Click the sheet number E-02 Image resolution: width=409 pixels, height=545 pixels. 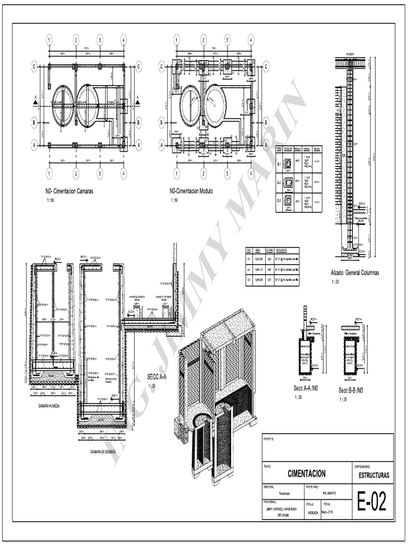[x=372, y=501]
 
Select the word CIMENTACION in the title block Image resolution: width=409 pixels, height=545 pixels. [x=306, y=473]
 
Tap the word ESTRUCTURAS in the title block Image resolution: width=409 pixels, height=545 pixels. [x=373, y=474]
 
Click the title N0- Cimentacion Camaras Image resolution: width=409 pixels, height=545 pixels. [x=69, y=191]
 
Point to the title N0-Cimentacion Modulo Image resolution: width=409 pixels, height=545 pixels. [x=191, y=191]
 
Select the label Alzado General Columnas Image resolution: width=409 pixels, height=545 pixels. [x=355, y=273]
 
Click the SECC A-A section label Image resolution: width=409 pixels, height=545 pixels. [x=157, y=377]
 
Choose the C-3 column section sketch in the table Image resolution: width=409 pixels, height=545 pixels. [x=288, y=201]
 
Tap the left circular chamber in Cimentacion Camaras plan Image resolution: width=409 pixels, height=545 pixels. [x=63, y=105]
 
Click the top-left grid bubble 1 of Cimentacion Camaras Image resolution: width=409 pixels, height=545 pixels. [x=49, y=40]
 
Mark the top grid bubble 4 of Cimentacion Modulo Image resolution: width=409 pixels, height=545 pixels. [x=250, y=40]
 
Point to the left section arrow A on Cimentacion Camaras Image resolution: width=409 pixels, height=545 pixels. [x=36, y=100]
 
